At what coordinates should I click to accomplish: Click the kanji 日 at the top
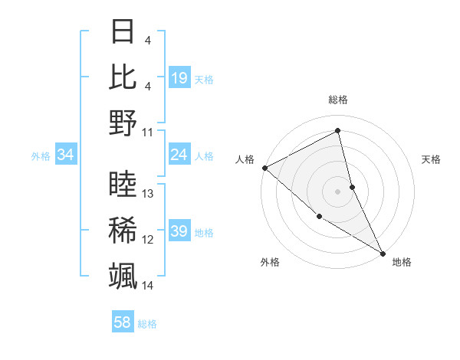pos(123,33)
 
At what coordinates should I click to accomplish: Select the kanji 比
pos(123,77)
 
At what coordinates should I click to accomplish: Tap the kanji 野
pos(123,122)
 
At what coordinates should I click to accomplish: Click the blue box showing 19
pos(179,77)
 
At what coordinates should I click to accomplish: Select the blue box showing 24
pos(179,155)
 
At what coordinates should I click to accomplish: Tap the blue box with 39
pos(179,231)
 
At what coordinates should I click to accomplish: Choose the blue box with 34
pos(66,155)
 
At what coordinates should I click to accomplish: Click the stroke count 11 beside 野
pos(148,132)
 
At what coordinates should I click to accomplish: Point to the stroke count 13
pos(149,194)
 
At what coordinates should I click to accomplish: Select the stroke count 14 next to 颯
pos(148,286)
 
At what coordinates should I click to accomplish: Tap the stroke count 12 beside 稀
pos(148,240)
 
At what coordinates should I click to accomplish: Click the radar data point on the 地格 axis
pos(382,252)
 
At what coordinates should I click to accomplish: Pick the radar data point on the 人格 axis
pos(264,168)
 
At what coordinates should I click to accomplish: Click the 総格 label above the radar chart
pos(338,100)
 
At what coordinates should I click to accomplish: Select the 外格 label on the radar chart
pos(270,262)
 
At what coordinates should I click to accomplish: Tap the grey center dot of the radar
pos(338,191)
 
